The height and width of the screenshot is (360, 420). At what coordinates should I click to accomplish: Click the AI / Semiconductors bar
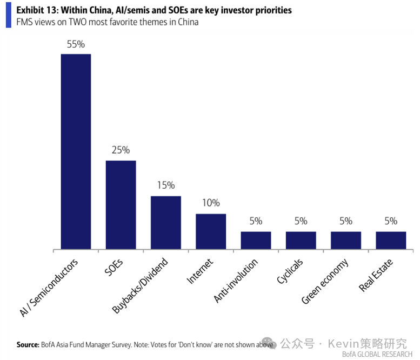point(76,151)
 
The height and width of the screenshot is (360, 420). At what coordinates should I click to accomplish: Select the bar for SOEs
point(121,205)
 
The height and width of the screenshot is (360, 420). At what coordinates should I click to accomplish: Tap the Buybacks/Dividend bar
point(166,223)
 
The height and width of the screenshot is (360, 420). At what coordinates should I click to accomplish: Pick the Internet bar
point(211,231)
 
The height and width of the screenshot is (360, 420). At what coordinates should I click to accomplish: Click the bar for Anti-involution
point(256,241)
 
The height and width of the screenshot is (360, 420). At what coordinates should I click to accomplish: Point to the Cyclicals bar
point(301,241)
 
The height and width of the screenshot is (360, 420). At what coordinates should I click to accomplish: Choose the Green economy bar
point(346,241)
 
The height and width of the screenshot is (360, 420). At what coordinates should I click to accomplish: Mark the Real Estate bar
point(391,241)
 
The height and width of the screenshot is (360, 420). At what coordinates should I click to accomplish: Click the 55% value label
point(76,44)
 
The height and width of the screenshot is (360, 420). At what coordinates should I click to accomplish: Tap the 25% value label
point(121,150)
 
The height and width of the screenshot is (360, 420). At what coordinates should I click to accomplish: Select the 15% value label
point(166,185)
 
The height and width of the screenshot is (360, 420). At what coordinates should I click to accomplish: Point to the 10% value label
point(211,203)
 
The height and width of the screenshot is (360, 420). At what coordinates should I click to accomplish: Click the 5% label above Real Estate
point(391,221)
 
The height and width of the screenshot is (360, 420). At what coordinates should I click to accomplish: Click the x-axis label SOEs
point(114,268)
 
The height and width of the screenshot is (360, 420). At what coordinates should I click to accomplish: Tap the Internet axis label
point(200,271)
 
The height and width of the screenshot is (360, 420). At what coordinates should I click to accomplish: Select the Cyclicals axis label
point(290,271)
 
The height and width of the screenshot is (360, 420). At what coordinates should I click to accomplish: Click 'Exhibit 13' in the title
point(36,10)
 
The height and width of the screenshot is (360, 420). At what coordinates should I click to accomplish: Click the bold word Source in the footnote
point(28,344)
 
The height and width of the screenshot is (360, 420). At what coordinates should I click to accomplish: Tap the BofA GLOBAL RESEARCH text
point(377,355)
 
